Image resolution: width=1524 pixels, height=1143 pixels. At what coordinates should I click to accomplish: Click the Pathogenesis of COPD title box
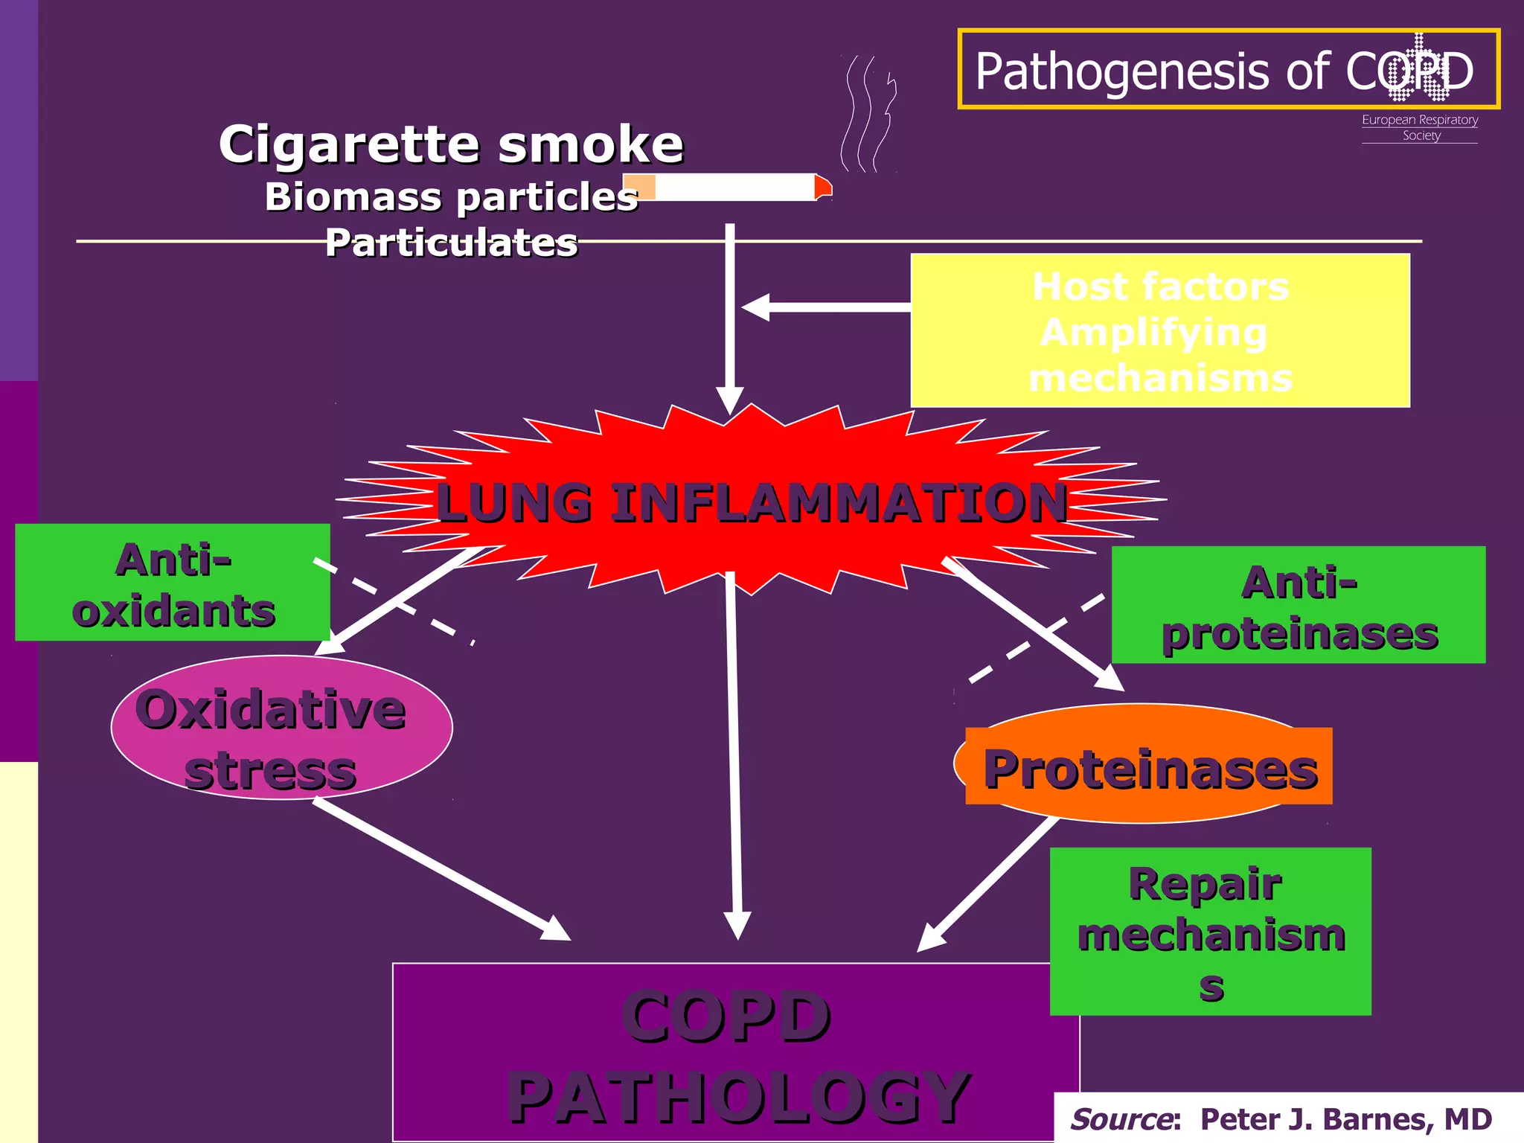tap(1228, 70)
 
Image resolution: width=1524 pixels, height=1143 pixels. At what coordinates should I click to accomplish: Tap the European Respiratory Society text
tap(1420, 127)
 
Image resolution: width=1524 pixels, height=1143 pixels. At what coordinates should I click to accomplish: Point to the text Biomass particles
tap(451, 196)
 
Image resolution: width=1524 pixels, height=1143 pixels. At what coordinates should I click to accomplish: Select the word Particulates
tap(451, 243)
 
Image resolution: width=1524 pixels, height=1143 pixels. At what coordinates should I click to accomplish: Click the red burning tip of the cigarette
tap(822, 187)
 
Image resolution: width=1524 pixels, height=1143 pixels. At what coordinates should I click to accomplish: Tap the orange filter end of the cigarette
tap(639, 187)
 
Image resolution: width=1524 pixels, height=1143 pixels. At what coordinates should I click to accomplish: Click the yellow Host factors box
tap(1159, 330)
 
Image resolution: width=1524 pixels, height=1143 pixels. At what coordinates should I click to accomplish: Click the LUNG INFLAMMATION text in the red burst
tap(752, 502)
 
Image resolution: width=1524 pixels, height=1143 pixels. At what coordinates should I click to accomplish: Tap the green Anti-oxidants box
tap(172, 583)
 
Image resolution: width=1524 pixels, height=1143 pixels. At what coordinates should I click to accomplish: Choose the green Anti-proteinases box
tap(1298, 605)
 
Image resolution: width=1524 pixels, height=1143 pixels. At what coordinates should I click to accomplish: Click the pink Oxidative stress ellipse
tap(281, 728)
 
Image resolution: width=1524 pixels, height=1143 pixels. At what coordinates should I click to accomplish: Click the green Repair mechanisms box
tap(1210, 931)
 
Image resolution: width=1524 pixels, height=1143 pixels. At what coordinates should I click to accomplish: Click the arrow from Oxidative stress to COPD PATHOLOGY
tap(439, 868)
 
